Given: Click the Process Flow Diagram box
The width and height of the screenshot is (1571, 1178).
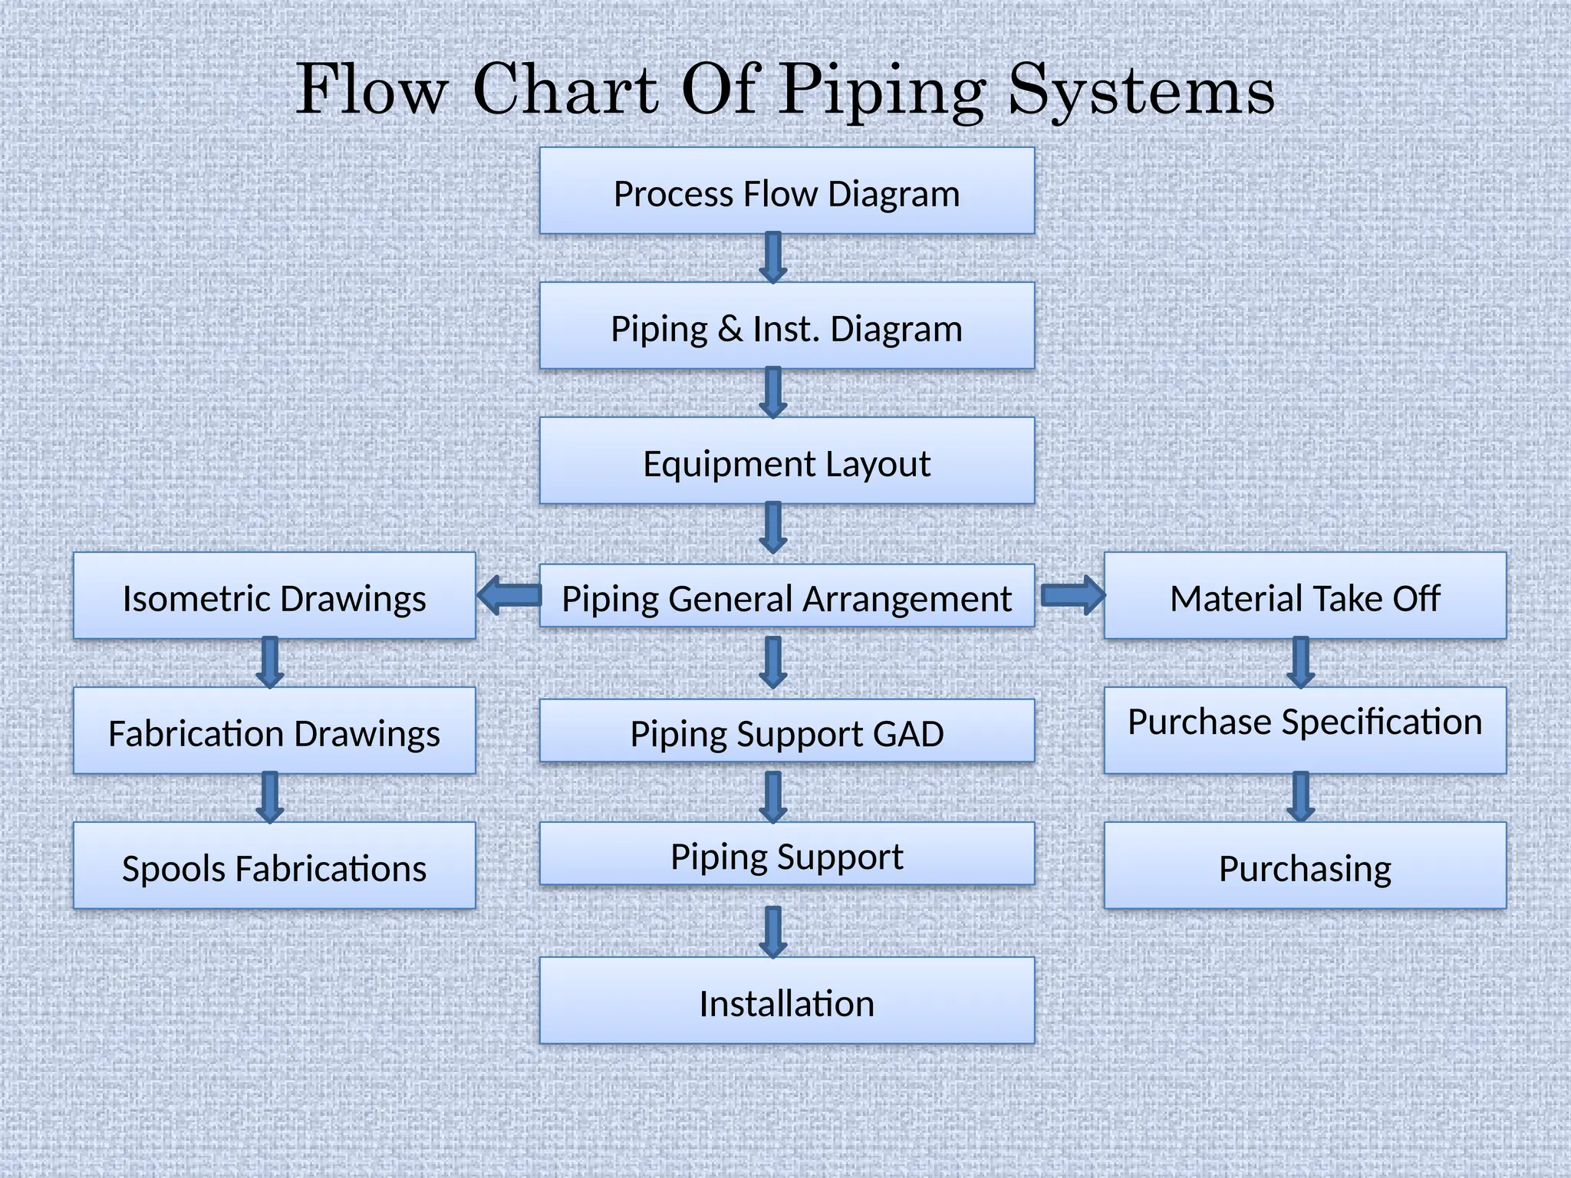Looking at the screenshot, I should point(786,191).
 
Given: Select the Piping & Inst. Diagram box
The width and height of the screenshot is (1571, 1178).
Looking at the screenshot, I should point(786,326).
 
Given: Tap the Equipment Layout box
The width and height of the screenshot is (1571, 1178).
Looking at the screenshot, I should point(786,461).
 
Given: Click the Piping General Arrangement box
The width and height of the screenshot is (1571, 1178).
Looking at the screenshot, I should point(786,597).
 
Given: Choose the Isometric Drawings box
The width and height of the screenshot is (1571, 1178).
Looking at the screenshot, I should point(274,596).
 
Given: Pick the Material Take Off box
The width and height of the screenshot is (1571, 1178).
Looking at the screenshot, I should point(1305,596).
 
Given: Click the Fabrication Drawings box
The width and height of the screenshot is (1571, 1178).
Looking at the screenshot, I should point(274,731).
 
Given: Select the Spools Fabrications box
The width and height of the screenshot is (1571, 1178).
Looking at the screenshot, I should point(274,866).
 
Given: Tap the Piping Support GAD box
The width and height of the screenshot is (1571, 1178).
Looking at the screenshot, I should point(786,731).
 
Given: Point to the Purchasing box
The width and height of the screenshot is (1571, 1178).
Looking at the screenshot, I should point(1305,866).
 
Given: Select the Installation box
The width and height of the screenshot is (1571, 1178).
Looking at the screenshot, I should point(786,1001).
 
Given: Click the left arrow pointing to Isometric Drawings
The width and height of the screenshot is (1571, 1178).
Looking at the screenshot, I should point(509,595).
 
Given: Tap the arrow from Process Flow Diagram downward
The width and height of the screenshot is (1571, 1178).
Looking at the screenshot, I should point(773,258).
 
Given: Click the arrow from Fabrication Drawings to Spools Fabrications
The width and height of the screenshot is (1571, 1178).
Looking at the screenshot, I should point(270,798).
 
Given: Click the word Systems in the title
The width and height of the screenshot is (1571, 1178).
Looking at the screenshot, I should point(1141,90).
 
